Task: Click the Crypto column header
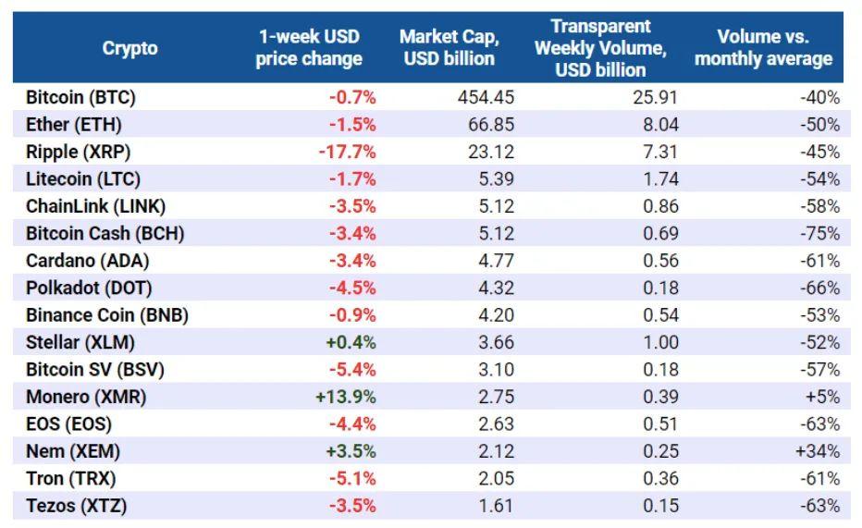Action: (x=129, y=48)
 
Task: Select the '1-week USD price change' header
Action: (x=309, y=48)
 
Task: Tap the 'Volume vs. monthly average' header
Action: (x=763, y=48)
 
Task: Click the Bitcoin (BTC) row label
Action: (x=81, y=96)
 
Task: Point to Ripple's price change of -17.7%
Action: (x=347, y=151)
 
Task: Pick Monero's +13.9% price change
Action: (x=351, y=397)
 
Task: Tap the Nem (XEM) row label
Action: (x=73, y=451)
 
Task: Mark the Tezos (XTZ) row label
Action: (x=77, y=506)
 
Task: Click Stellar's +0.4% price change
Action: (x=351, y=342)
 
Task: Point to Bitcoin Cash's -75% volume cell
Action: (x=820, y=233)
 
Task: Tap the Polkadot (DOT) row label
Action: (x=83, y=288)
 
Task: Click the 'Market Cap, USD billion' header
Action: (x=449, y=48)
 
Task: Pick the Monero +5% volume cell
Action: (x=825, y=397)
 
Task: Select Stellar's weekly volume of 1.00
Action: (x=660, y=342)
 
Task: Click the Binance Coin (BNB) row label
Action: (x=107, y=314)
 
